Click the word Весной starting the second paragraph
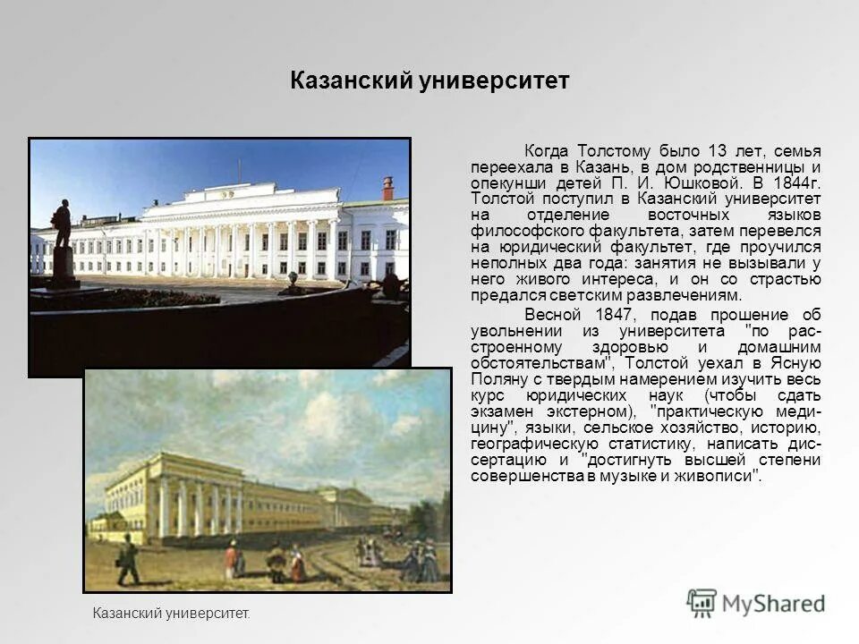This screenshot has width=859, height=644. [x=552, y=314]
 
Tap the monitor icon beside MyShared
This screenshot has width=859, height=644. [x=702, y=603]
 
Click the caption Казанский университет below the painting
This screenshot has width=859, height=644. [x=171, y=614]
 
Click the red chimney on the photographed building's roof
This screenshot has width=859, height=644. [x=387, y=188]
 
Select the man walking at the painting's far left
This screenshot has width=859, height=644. [x=129, y=558]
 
